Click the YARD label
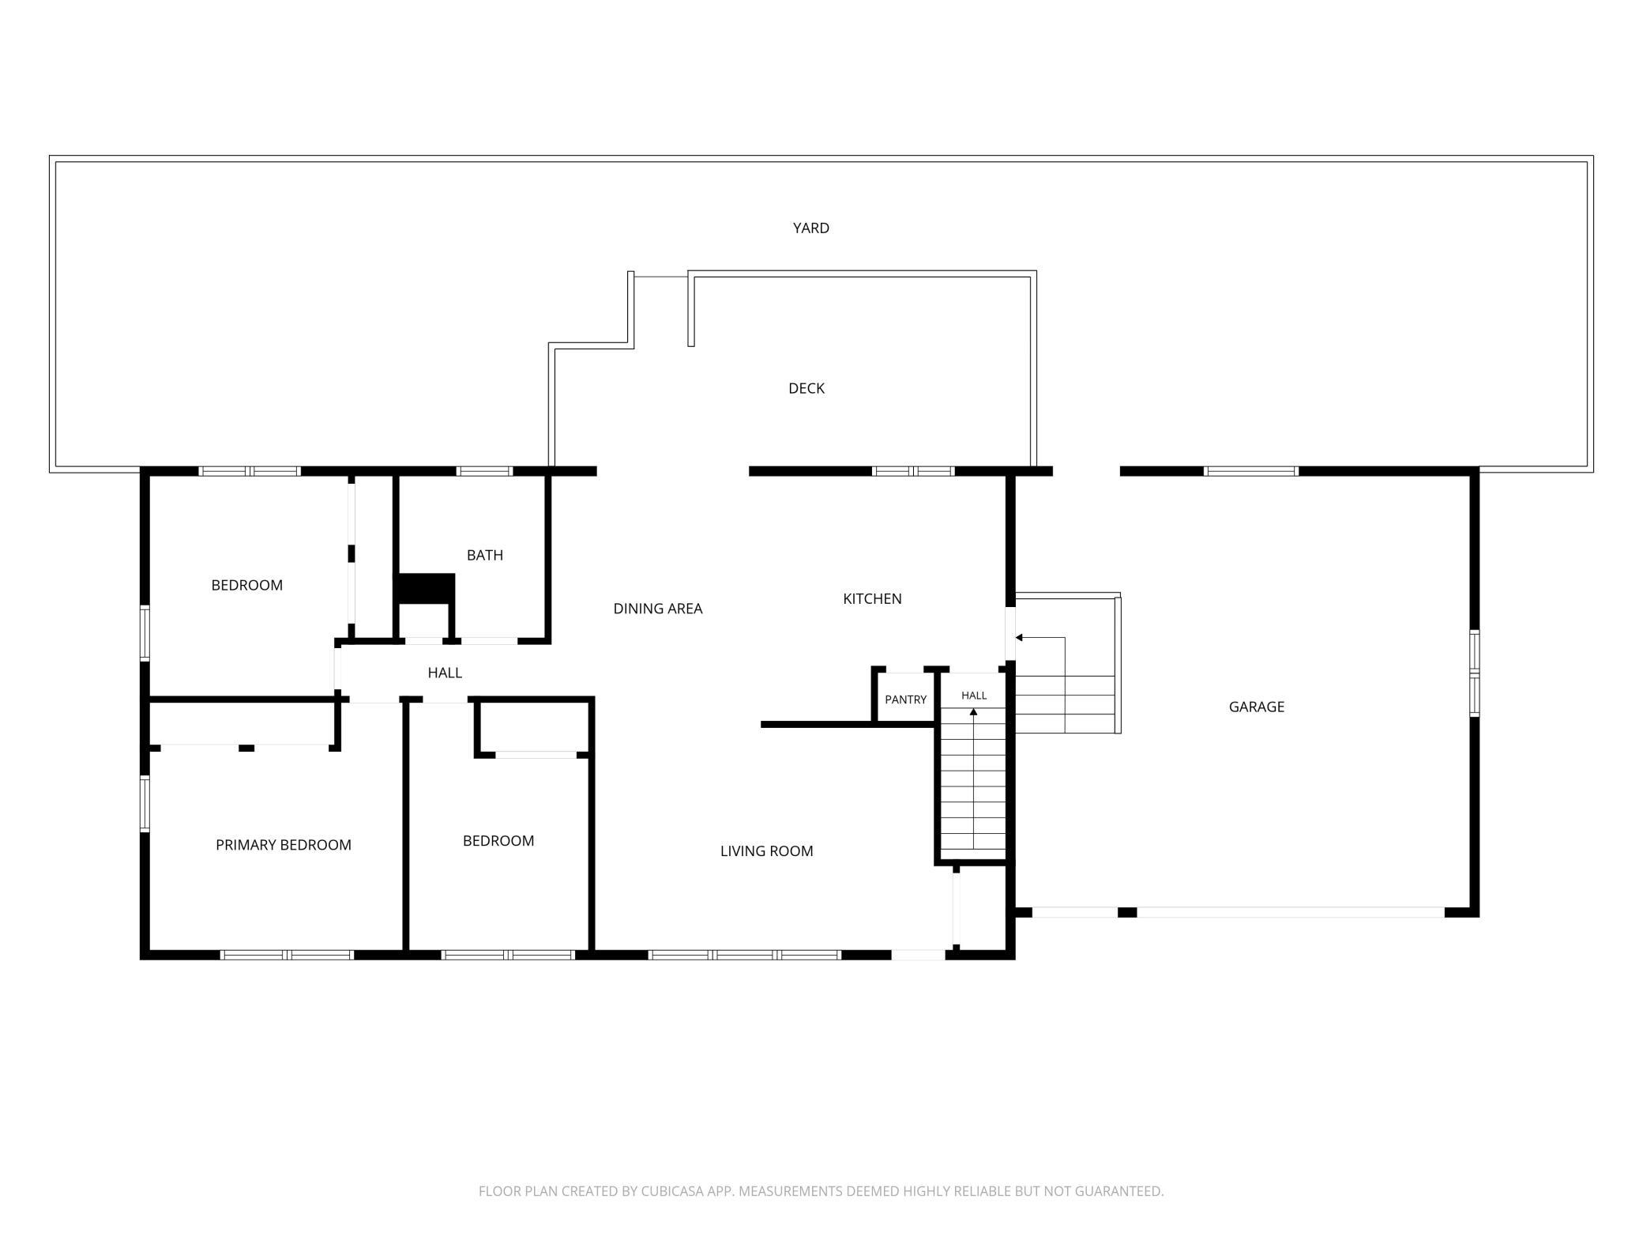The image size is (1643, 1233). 810,228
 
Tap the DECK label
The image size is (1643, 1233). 806,388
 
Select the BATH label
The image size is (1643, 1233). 485,556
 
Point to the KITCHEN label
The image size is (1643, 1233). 872,599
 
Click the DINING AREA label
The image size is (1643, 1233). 658,609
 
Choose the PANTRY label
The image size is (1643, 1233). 905,699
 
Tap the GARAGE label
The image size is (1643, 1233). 1257,707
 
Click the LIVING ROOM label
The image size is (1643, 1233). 766,851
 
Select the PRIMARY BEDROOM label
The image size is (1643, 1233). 284,845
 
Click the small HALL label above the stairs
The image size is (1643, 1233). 974,696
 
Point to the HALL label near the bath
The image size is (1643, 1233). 445,673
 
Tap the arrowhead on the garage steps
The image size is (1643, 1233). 1019,638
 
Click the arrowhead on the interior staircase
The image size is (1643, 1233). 973,712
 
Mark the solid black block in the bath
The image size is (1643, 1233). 425,589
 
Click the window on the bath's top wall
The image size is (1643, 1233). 484,471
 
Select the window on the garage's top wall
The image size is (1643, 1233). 1251,471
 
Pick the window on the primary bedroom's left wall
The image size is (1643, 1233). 145,804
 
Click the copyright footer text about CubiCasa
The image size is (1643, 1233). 821,1191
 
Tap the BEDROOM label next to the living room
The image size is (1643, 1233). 498,841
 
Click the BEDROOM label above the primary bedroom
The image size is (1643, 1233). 246,586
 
